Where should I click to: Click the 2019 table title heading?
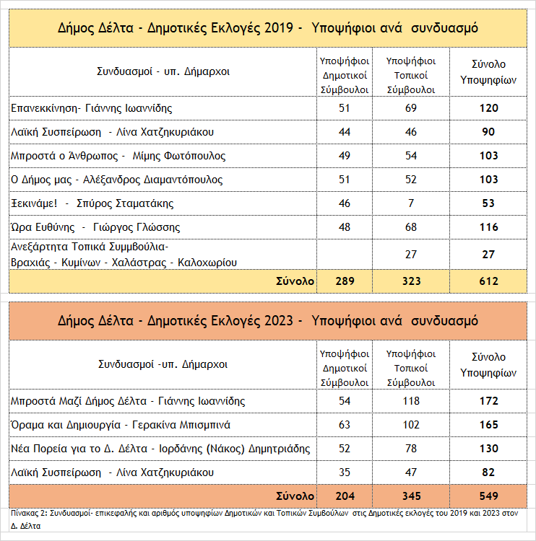pyautogui.click(x=267, y=29)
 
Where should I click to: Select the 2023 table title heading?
pyautogui.click(x=267, y=320)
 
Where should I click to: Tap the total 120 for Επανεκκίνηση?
pyautogui.click(x=488, y=108)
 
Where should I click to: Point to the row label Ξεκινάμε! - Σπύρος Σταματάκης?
pyautogui.click(x=92, y=203)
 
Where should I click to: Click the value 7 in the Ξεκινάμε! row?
pyautogui.click(x=410, y=203)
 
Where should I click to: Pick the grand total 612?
pyautogui.click(x=488, y=281)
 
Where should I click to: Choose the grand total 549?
pyautogui.click(x=488, y=496)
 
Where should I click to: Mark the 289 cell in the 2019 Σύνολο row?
pyautogui.click(x=345, y=281)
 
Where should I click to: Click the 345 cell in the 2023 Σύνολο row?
pyautogui.click(x=410, y=496)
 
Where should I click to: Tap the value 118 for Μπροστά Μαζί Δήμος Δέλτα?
pyautogui.click(x=410, y=401)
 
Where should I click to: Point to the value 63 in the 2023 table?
pyautogui.click(x=345, y=425)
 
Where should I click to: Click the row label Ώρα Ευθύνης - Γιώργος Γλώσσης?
pyautogui.click(x=95, y=227)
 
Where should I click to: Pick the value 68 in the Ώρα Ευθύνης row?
pyautogui.click(x=410, y=227)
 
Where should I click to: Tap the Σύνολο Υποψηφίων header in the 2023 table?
pyautogui.click(x=488, y=365)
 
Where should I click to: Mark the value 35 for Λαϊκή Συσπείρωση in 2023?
pyautogui.click(x=345, y=472)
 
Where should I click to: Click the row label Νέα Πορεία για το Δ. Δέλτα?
pyautogui.click(x=160, y=449)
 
